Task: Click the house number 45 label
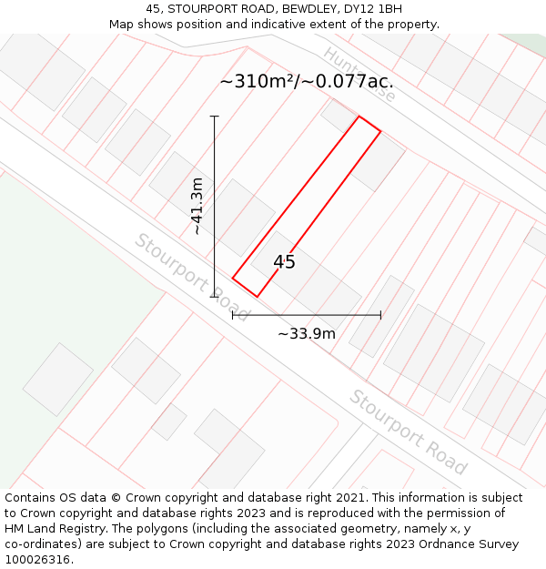pyautogui.click(x=284, y=262)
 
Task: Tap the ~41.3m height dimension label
pyautogui.click(x=197, y=207)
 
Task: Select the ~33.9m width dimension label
pyautogui.click(x=307, y=333)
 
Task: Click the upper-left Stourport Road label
pyautogui.click(x=192, y=277)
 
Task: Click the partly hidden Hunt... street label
pyautogui.click(x=359, y=74)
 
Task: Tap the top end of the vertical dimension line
pyautogui.click(x=215, y=117)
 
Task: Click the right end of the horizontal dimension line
pyautogui.click(x=380, y=315)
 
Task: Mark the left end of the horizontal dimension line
pyautogui.click(x=233, y=315)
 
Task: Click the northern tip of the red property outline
pyautogui.click(x=359, y=117)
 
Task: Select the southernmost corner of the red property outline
pyautogui.click(x=257, y=297)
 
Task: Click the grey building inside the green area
pyautogui.click(x=58, y=379)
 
